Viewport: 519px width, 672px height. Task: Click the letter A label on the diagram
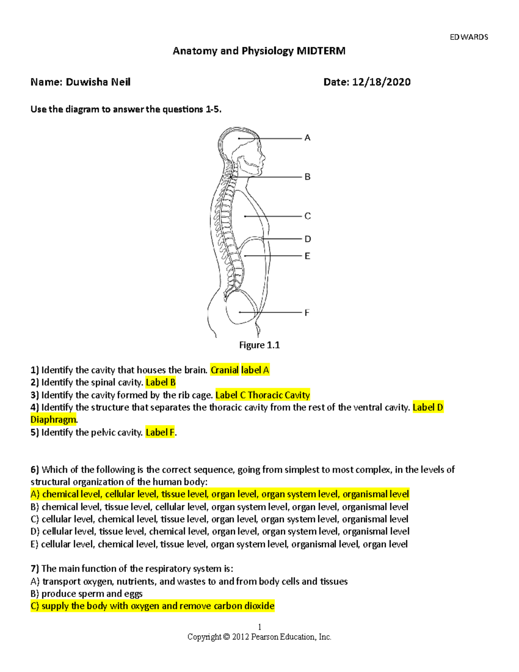tap(308, 138)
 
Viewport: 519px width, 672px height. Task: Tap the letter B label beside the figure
tap(308, 177)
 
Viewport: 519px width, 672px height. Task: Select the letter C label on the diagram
tap(308, 216)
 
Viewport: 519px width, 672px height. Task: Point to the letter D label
tap(308, 239)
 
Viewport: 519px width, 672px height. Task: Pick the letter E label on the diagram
tap(307, 256)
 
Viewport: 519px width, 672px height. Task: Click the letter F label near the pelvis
tap(307, 312)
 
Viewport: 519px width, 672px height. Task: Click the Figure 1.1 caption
tap(259, 345)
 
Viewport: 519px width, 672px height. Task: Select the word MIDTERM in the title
tap(321, 51)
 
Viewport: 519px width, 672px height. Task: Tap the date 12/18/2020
tap(381, 82)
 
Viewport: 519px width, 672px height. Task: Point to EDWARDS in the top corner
tap(469, 37)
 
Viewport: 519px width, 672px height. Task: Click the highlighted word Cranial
tap(224, 370)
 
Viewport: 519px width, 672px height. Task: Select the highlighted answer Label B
tap(160, 383)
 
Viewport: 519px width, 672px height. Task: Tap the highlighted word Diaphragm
tap(53, 420)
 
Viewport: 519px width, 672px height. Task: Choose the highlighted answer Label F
tap(160, 432)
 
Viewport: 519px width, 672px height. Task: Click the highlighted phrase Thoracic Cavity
tap(279, 395)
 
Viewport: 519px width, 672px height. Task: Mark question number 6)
tap(35, 470)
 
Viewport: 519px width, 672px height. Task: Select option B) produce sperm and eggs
tap(86, 594)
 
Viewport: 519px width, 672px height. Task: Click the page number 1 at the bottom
tap(259, 627)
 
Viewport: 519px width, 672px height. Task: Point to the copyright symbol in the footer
tap(226, 637)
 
